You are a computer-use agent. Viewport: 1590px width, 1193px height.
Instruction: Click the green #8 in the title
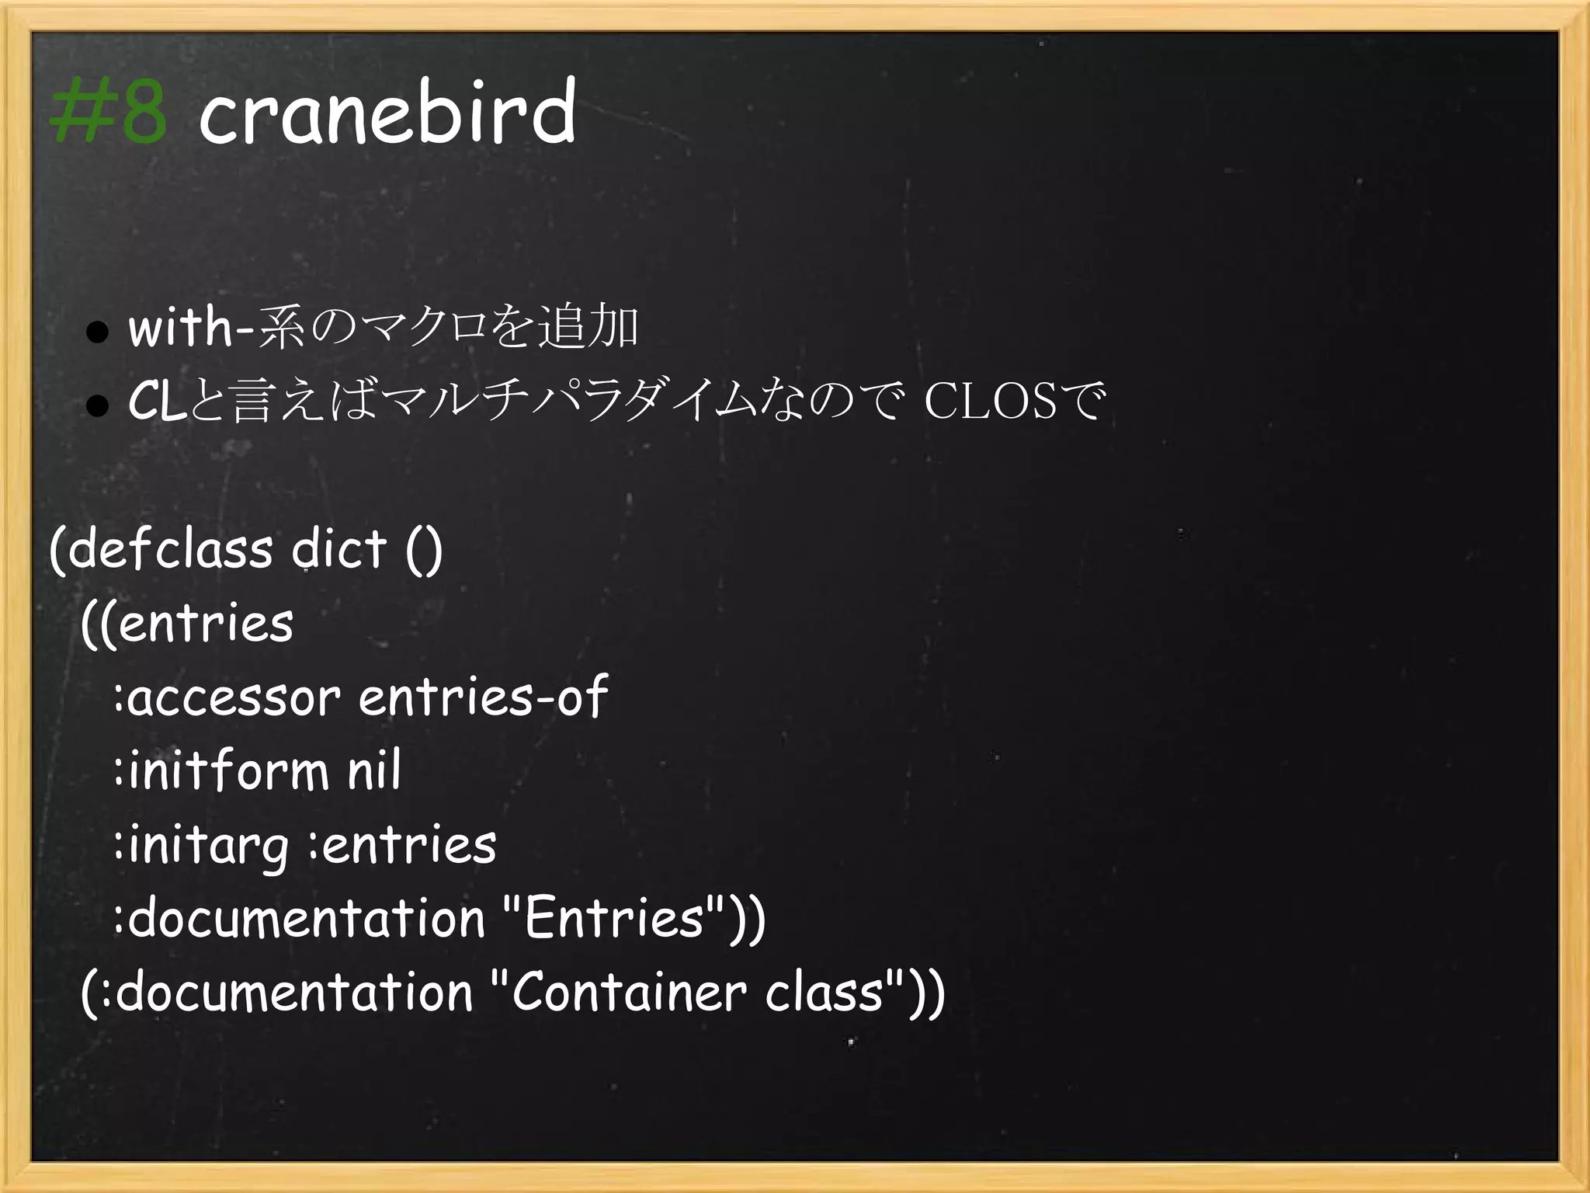(108, 114)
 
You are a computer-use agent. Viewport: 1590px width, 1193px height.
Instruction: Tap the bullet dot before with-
(97, 332)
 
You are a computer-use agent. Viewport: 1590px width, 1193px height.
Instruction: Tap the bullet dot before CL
(97, 405)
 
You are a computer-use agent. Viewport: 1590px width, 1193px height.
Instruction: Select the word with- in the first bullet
(191, 328)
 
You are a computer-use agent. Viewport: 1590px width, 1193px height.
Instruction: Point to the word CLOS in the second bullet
(991, 402)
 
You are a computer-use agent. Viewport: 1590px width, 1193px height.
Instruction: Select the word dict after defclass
(338, 549)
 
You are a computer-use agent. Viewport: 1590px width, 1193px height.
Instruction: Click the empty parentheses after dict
(424, 551)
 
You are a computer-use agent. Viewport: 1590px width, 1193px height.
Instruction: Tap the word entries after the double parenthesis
(206, 624)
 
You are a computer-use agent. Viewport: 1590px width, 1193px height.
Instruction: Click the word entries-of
(482, 697)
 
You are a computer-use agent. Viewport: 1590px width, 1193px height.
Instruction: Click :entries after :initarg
(402, 845)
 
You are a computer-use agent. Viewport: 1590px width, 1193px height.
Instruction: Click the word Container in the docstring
(629, 993)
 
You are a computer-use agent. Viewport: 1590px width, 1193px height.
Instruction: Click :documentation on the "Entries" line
(299, 919)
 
